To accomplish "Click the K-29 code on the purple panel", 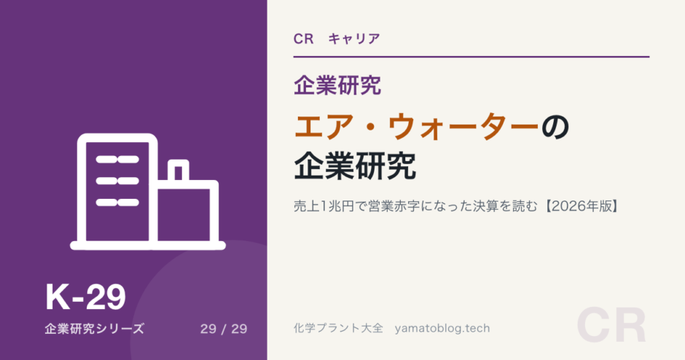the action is [x=86, y=297].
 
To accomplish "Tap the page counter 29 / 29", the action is [x=224, y=329].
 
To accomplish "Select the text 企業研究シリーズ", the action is [x=94, y=329].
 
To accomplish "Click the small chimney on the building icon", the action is [x=179, y=171].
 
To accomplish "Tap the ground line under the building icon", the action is [x=148, y=246].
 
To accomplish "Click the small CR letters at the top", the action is [x=304, y=39].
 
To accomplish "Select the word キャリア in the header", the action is [x=354, y=39].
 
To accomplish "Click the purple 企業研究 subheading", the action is [x=337, y=85].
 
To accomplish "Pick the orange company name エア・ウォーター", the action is [x=417, y=127].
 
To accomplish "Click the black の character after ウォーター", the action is [x=555, y=127].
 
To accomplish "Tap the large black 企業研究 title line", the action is [x=355, y=165].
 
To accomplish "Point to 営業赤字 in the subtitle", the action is [x=394, y=206].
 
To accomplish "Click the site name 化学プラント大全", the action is [x=338, y=328].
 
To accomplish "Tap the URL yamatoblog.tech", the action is [x=442, y=329].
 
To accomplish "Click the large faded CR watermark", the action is [x=611, y=326].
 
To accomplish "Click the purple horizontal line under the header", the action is [x=471, y=57].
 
